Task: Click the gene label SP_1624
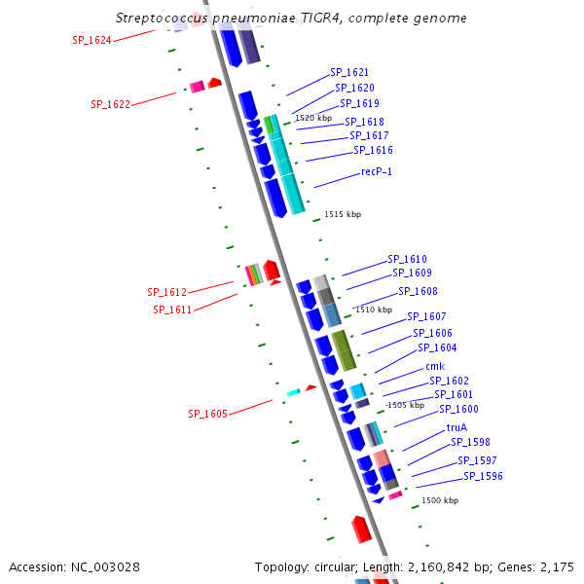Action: (91, 40)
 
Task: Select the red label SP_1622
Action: (110, 104)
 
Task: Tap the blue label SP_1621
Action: (349, 72)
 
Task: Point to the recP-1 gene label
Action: (377, 171)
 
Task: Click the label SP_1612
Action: (166, 292)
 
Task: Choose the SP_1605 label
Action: (207, 414)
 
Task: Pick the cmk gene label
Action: (435, 366)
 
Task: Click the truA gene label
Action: (456, 427)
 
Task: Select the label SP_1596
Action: (483, 476)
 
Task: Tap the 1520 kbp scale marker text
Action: (312, 118)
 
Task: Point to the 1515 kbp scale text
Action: (343, 214)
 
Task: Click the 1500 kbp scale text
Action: (439, 500)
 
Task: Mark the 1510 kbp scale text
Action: (374, 310)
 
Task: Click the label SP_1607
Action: (426, 316)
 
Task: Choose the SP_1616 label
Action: (373, 150)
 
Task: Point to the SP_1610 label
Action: (407, 259)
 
